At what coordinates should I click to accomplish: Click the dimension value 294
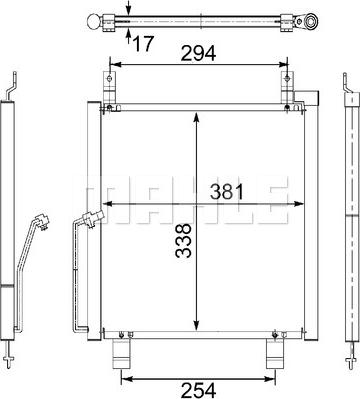pyautogui.click(x=198, y=54)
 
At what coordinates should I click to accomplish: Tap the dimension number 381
pyautogui.click(x=227, y=192)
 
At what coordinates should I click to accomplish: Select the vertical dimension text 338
pyautogui.click(x=184, y=240)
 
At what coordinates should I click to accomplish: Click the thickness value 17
pyautogui.click(x=144, y=43)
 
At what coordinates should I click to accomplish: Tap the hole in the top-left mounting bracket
pyautogui.click(x=109, y=79)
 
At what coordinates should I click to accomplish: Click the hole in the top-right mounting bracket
pyautogui.click(x=287, y=79)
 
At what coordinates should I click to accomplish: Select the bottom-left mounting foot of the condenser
pyautogui.click(x=121, y=354)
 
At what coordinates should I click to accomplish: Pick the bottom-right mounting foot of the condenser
pyautogui.click(x=275, y=354)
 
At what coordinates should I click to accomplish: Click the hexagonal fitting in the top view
pyautogui.click(x=311, y=21)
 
